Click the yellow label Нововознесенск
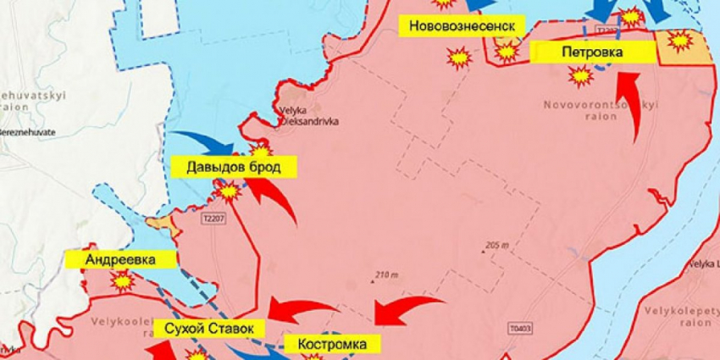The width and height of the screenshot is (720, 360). click(462, 25)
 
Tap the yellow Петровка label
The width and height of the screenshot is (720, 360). click(592, 53)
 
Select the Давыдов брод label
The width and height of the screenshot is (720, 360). click(235, 167)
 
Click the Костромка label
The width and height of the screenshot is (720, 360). click(332, 344)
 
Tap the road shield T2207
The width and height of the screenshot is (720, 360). click(214, 219)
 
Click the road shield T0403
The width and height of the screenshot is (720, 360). click(523, 328)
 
